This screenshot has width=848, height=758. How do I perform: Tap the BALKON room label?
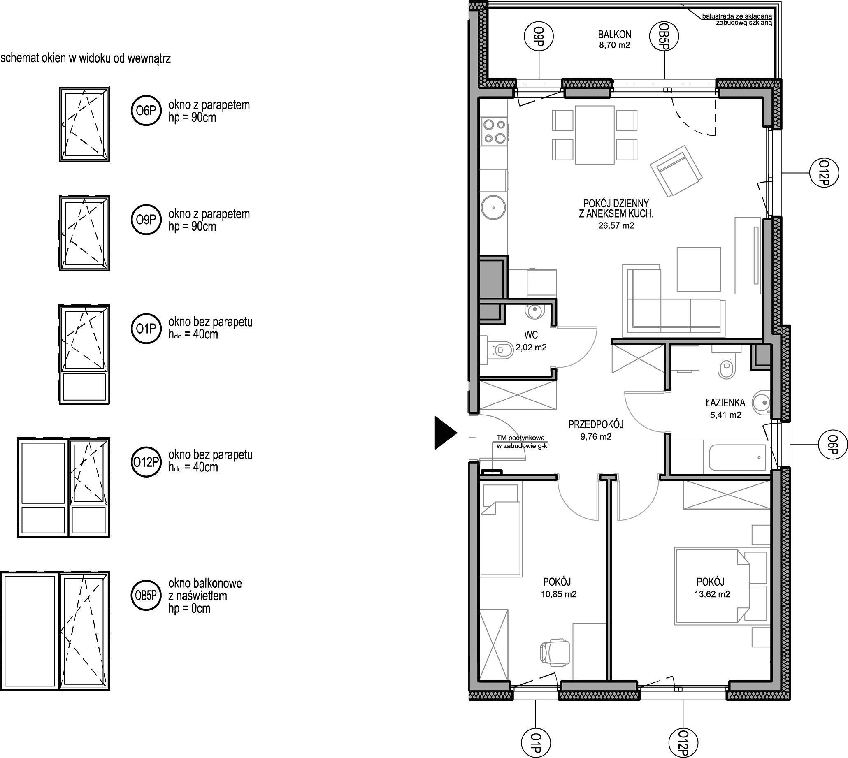click(x=615, y=35)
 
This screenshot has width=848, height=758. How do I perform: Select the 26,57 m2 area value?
click(x=616, y=226)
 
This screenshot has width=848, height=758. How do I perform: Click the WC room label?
click(x=531, y=335)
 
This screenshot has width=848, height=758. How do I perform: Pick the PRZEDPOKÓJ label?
click(x=596, y=424)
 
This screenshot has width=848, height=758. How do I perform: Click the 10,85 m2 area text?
click(x=559, y=594)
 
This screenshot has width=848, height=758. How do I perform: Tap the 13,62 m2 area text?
click(x=712, y=594)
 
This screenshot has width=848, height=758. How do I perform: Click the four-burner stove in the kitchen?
click(x=495, y=131)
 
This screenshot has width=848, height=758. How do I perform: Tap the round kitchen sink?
click(x=494, y=207)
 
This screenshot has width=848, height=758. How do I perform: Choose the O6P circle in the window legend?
click(x=146, y=111)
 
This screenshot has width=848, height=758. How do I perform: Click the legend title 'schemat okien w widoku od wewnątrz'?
click(x=86, y=58)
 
